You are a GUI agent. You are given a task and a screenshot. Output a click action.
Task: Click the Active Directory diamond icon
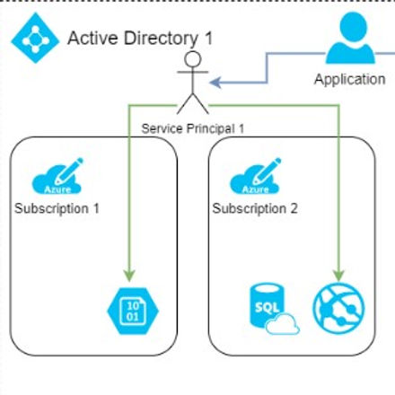pyautogui.click(x=32, y=38)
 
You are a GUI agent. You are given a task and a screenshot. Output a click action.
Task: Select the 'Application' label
pyautogui.click(x=349, y=79)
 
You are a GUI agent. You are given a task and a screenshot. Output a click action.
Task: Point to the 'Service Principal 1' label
pyautogui.click(x=193, y=127)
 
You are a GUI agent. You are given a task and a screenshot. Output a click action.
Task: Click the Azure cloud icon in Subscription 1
pyautogui.click(x=57, y=178)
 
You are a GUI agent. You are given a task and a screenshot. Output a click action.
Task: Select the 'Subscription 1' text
pyautogui.click(x=57, y=207)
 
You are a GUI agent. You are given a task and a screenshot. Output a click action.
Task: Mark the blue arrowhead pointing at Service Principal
pyautogui.click(x=215, y=83)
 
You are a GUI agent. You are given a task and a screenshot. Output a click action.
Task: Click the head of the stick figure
pyautogui.click(x=190, y=60)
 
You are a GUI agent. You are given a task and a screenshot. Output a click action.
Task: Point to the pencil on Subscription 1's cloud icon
pyautogui.click(x=73, y=168)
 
